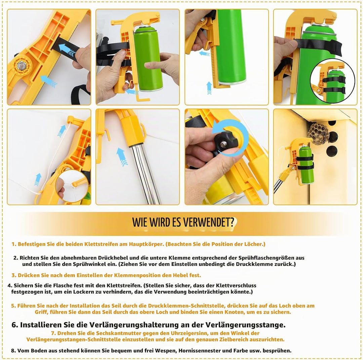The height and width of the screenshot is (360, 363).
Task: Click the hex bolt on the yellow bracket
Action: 21,65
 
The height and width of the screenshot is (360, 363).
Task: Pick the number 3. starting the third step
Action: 14,275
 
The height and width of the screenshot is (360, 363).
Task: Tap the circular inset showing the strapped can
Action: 332,81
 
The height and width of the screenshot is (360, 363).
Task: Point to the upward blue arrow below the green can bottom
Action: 209,88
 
